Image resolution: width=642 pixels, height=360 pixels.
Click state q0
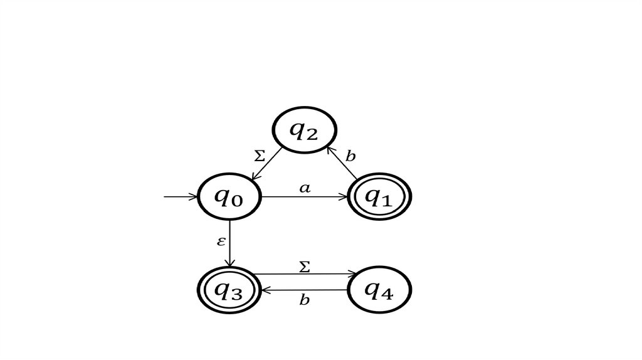coord(229,197)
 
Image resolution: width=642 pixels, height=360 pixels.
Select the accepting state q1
coord(379,197)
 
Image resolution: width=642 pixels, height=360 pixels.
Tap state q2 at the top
coord(303,130)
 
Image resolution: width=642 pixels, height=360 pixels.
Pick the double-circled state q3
coord(229,290)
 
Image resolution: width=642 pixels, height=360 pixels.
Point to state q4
coord(379,290)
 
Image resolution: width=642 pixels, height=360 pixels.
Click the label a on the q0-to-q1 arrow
coord(304,188)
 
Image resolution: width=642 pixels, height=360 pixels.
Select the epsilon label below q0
coord(221,241)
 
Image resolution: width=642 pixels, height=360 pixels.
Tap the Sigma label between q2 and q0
coord(260,156)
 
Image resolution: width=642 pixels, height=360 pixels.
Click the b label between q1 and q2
coord(350,156)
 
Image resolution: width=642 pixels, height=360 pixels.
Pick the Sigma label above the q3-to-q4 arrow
coord(304,267)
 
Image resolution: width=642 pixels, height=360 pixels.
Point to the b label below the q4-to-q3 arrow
coord(304,300)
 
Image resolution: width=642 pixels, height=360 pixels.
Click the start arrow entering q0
coord(181,197)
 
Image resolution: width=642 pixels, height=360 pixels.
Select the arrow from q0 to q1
coord(304,197)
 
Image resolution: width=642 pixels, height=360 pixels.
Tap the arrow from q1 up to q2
coord(342,162)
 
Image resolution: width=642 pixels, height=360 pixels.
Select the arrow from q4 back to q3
coord(304,290)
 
